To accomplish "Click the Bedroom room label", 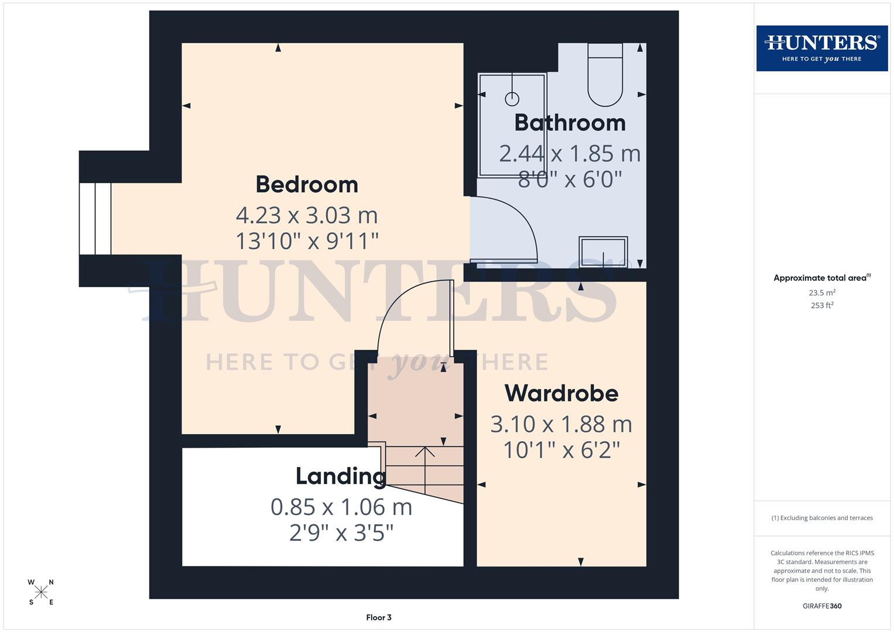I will coord(307,184).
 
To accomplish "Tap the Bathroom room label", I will coord(570,123).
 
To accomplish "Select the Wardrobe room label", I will coord(561,393).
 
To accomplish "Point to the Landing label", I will coord(340,476).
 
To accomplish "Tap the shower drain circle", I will coord(512,98).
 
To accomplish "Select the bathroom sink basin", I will coord(603,252).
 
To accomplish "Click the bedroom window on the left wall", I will coord(95,219).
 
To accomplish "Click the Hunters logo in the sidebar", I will coord(821,48).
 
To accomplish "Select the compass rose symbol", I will coord(41,592).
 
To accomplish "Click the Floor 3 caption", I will coord(379,617).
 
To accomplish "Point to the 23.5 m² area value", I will coord(822,293).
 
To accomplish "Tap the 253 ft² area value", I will coord(822,305).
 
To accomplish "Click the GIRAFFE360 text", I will coord(821,606).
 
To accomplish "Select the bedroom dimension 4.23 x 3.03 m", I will coord(307,215).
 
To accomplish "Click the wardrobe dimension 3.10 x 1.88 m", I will coord(561,424).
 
